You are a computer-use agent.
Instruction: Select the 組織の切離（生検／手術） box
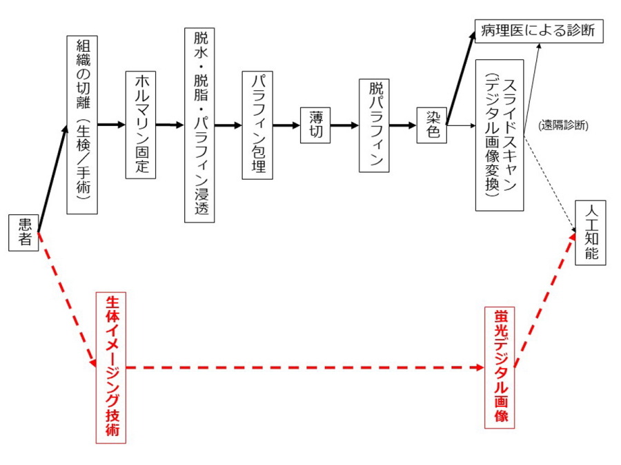pos(82,125)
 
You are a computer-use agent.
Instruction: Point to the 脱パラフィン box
pos(375,125)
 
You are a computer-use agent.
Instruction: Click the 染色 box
pos(433,125)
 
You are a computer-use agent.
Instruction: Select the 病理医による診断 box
pos(539,31)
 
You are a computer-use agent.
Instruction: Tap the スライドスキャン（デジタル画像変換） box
pos(500,135)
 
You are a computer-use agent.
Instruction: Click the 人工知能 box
pos(591,233)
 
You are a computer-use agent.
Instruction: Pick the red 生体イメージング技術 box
pos(110,367)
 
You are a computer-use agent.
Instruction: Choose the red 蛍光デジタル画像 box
pos(500,367)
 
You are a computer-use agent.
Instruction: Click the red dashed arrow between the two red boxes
pos(304,368)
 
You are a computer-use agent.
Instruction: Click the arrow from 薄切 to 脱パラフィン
pos(344,125)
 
